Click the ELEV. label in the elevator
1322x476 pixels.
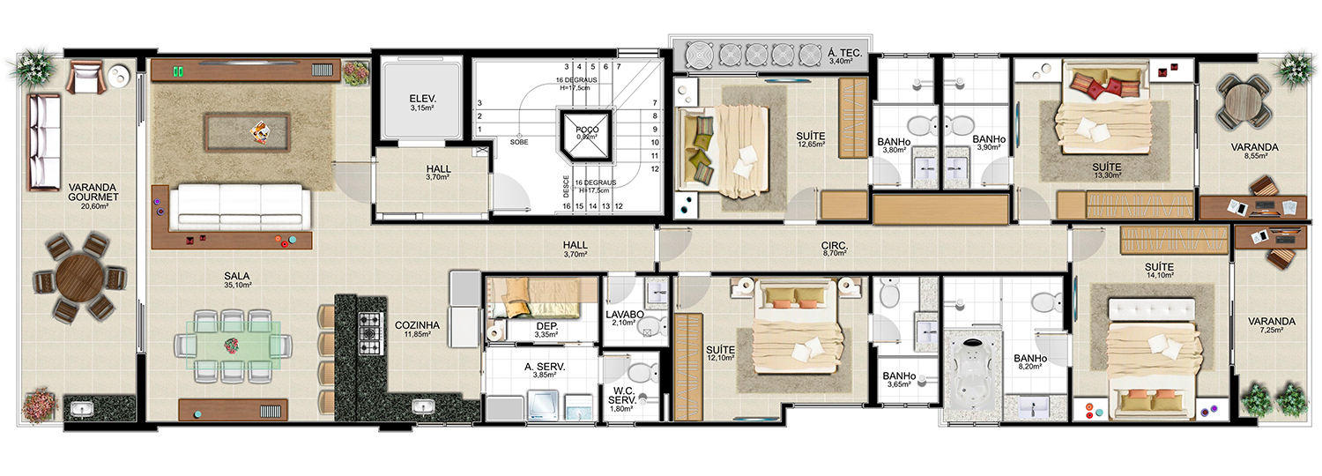[x=422, y=99]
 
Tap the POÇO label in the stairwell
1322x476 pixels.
[x=587, y=130]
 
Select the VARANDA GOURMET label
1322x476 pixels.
[x=93, y=192]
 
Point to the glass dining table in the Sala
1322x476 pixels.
[x=233, y=345]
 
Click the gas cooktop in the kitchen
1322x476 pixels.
[x=370, y=334]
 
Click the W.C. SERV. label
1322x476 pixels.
[x=622, y=396]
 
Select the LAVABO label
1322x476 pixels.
[x=624, y=315]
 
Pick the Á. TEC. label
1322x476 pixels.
[x=845, y=53]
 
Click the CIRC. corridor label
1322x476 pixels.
[x=835, y=245]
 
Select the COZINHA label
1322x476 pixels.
[x=417, y=324]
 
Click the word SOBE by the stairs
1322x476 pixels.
[x=519, y=142]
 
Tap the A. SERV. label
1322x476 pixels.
[x=545, y=367]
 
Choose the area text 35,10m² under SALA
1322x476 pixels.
[x=237, y=285]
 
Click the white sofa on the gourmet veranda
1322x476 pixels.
[x=44, y=143]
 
